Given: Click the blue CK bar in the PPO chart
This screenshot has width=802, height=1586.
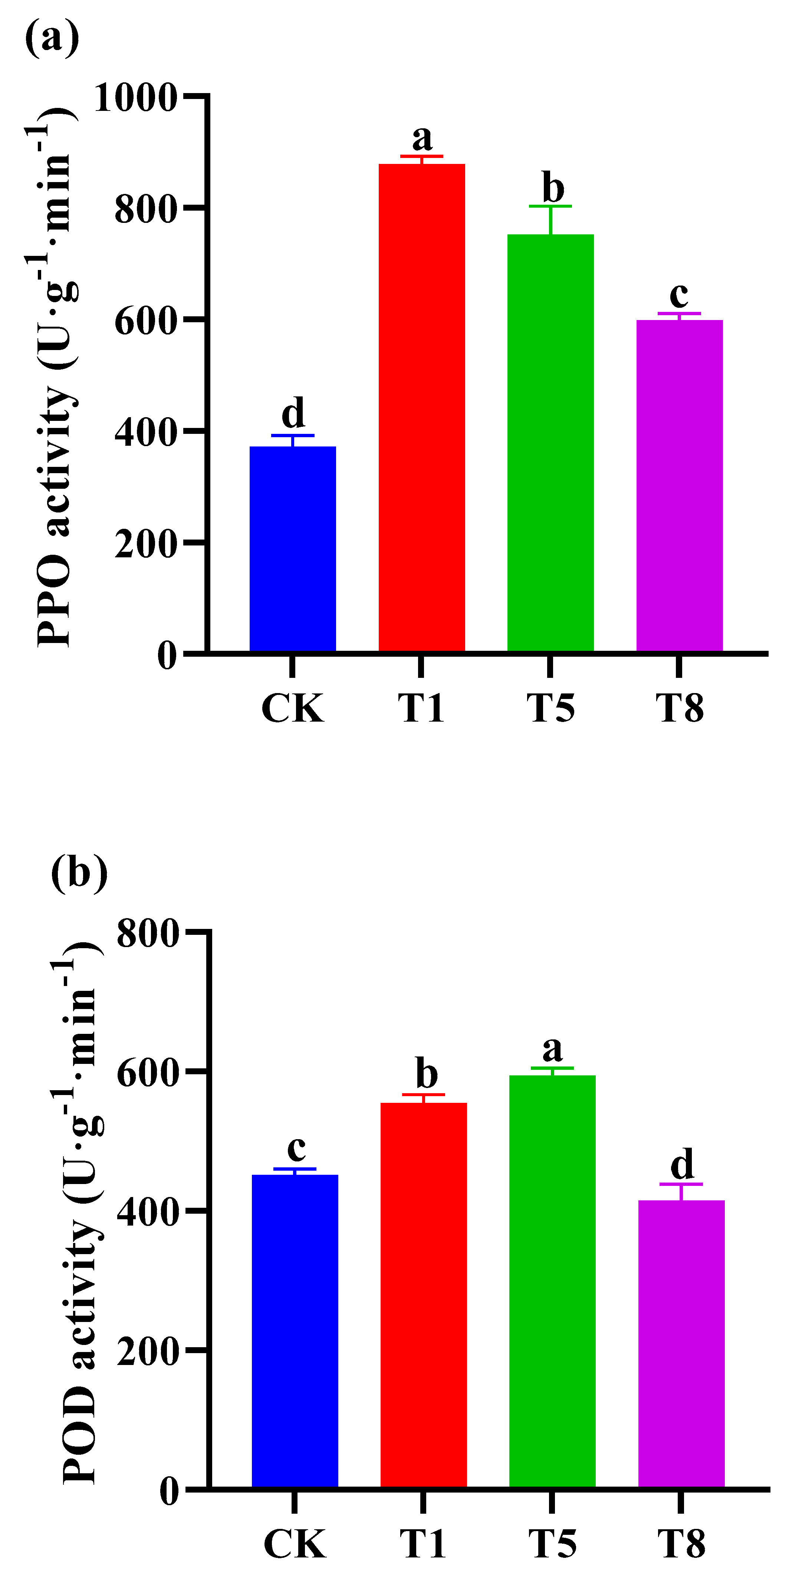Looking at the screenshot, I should click(293, 548).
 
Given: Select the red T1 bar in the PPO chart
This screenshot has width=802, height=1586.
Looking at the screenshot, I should click(421, 406).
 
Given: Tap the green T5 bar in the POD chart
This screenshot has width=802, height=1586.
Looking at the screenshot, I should click(552, 1280).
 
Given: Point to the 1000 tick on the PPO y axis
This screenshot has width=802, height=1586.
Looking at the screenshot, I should click(135, 97).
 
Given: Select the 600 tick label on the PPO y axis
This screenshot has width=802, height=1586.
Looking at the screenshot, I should click(146, 320).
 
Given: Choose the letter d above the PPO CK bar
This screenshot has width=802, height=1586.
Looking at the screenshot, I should click(293, 412).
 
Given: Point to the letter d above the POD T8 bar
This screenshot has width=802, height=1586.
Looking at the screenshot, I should click(682, 1164).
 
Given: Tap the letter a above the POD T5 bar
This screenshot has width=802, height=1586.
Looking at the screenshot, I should click(552, 1049).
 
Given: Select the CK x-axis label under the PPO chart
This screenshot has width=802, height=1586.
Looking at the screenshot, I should click(293, 708).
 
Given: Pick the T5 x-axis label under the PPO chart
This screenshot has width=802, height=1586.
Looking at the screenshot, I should click(550, 708).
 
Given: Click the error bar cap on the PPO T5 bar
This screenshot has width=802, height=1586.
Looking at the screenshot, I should click(550, 206).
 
